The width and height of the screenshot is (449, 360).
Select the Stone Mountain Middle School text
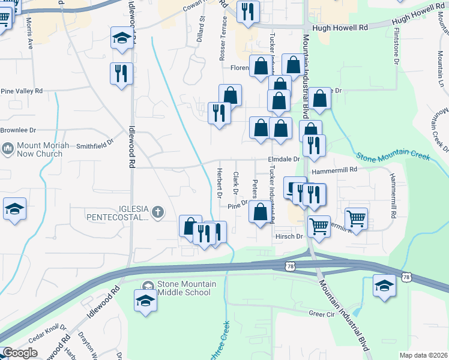[184, 288]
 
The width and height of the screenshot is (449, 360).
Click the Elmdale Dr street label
[283, 160]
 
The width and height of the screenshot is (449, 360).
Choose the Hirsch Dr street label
[289, 236]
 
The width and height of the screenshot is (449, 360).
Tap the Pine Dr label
[238, 205]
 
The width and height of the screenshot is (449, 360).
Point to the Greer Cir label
[321, 314]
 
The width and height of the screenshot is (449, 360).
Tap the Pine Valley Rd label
[22, 91]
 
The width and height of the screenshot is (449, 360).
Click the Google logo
[20, 353]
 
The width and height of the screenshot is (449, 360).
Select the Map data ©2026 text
[423, 355]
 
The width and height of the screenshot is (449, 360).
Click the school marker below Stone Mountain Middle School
[145, 301]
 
